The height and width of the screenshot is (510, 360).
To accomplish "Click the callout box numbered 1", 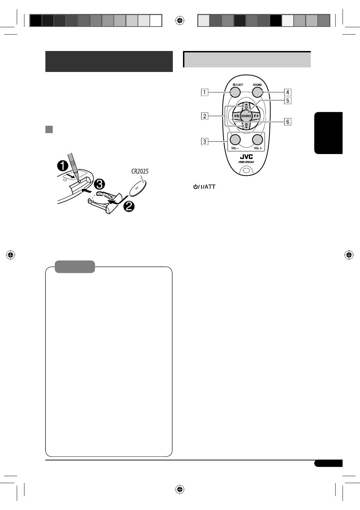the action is click(x=205, y=93).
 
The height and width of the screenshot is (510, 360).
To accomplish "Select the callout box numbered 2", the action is click(x=205, y=116).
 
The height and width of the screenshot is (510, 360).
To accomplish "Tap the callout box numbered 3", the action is click(x=205, y=141).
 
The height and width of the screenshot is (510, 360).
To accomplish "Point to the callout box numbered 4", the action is click(x=288, y=92).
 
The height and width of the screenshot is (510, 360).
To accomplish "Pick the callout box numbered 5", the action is click(x=288, y=100).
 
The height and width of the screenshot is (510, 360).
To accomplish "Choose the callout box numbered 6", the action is click(x=288, y=122).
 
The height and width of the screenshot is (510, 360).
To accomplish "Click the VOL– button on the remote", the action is click(x=235, y=140).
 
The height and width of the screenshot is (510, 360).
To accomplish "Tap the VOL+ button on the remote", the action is click(x=258, y=140).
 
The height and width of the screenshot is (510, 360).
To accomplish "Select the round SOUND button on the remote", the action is click(x=257, y=92).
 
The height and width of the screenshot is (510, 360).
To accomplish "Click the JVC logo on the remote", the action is click(x=246, y=156).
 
